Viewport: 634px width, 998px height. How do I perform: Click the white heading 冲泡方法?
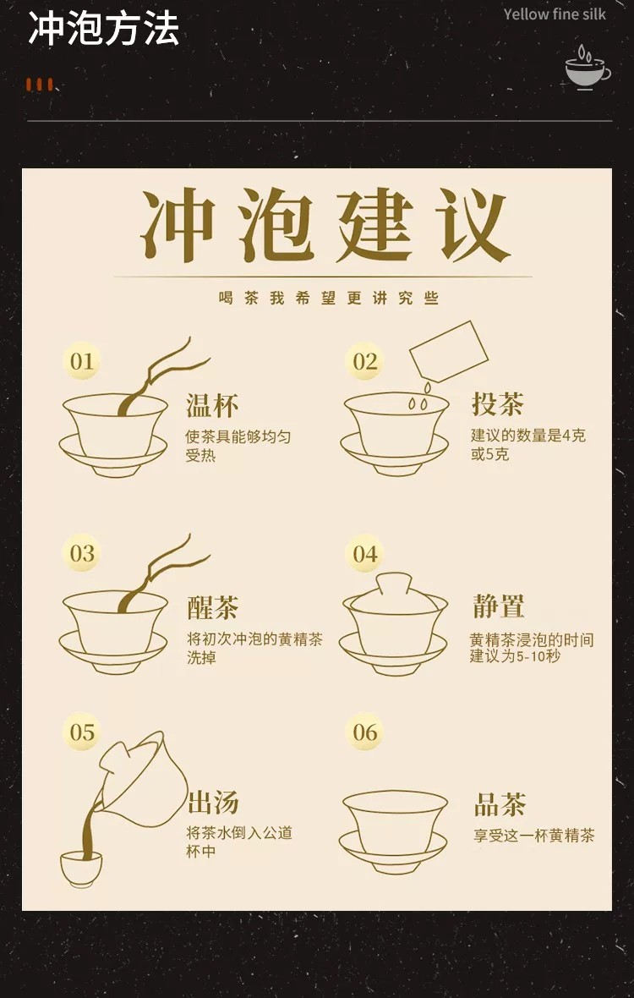tap(103, 29)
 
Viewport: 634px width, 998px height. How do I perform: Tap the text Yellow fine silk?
tap(555, 14)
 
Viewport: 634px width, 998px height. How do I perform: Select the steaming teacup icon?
tap(588, 67)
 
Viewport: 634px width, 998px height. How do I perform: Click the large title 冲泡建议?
tap(325, 226)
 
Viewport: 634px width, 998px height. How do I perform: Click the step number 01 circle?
tap(81, 361)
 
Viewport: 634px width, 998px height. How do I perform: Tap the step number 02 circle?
tap(364, 361)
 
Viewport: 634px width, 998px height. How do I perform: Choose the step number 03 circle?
tap(81, 553)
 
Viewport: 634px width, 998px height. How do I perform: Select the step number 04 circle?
tap(364, 553)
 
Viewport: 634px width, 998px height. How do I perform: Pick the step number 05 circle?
tap(81, 732)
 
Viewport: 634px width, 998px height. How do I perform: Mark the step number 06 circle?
tap(364, 732)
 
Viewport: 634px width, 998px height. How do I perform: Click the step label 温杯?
tap(212, 406)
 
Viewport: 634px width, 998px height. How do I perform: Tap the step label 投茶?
tap(498, 403)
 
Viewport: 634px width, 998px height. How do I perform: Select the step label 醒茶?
tap(212, 607)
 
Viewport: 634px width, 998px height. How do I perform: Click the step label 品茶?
tap(500, 804)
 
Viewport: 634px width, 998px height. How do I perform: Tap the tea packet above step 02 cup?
tap(448, 351)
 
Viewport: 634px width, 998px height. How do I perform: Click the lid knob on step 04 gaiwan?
tap(394, 583)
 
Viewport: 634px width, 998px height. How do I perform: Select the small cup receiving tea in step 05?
tap(81, 868)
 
